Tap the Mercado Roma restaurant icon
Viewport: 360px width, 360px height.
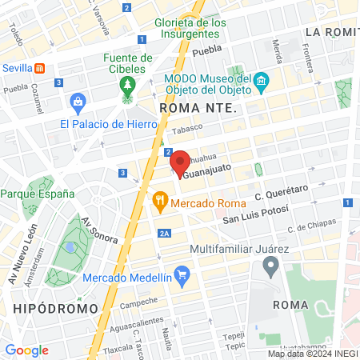point(159,198)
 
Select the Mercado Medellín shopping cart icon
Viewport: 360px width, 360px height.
point(182,278)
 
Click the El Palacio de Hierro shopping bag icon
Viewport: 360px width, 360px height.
point(78,102)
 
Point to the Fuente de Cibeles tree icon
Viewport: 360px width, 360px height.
point(127,86)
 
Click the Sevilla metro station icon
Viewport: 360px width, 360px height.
point(41,69)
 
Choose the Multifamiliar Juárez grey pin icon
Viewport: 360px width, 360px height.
point(270,266)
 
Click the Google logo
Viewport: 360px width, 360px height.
point(26,350)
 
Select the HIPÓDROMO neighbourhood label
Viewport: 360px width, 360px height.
point(55,308)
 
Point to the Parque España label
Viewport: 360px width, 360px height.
point(38,194)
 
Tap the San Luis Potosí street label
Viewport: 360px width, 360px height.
point(254,218)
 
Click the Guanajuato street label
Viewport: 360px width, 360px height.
point(209,170)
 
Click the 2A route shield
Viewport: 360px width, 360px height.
point(164,234)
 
